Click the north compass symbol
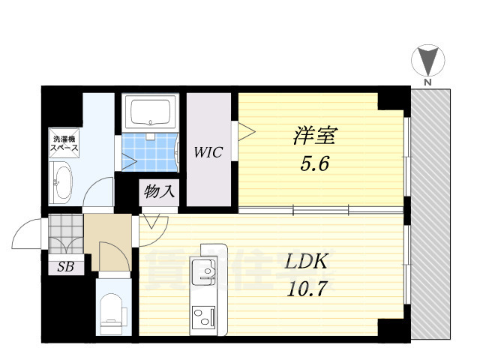[427, 60]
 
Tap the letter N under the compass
[427, 82]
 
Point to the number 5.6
[314, 164]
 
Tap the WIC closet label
[208, 153]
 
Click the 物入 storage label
[158, 191]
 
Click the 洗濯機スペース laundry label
[64, 143]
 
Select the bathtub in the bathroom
[151, 113]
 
